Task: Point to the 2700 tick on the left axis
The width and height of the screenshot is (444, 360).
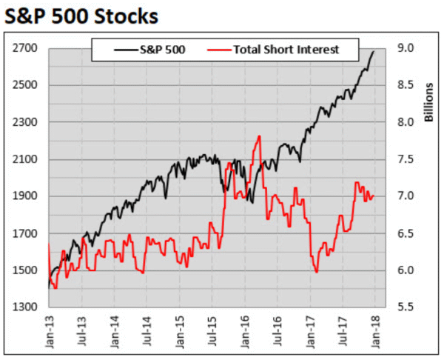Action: tap(27, 48)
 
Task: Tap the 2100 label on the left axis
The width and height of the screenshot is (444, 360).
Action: tap(27, 159)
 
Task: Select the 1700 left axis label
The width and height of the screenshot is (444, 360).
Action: tap(27, 233)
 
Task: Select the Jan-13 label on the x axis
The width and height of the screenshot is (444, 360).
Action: tap(48, 329)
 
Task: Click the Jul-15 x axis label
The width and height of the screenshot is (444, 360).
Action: tap(212, 329)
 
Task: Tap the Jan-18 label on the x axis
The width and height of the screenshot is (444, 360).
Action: tap(375, 329)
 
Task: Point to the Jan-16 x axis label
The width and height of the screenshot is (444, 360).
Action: tap(244, 329)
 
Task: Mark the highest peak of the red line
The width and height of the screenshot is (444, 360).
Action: tap(260, 136)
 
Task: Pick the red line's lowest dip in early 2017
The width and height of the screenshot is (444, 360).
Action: tap(317, 272)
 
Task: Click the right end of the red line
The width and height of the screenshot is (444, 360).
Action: tap(374, 196)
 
